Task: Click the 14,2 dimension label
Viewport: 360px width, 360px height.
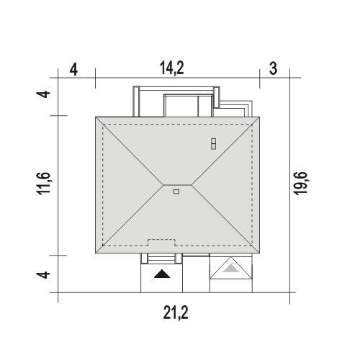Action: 172,68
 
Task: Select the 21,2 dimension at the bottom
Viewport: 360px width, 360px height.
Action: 176,312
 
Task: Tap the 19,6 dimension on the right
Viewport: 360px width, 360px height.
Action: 300,183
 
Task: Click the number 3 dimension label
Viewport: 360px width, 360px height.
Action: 273,68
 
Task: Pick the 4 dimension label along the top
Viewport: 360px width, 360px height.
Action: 73,70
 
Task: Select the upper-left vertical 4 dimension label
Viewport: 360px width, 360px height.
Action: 43,94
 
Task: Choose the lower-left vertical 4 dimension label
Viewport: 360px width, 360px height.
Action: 43,274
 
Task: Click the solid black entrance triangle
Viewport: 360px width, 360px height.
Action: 162,274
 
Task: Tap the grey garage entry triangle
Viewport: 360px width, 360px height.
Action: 230,268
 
